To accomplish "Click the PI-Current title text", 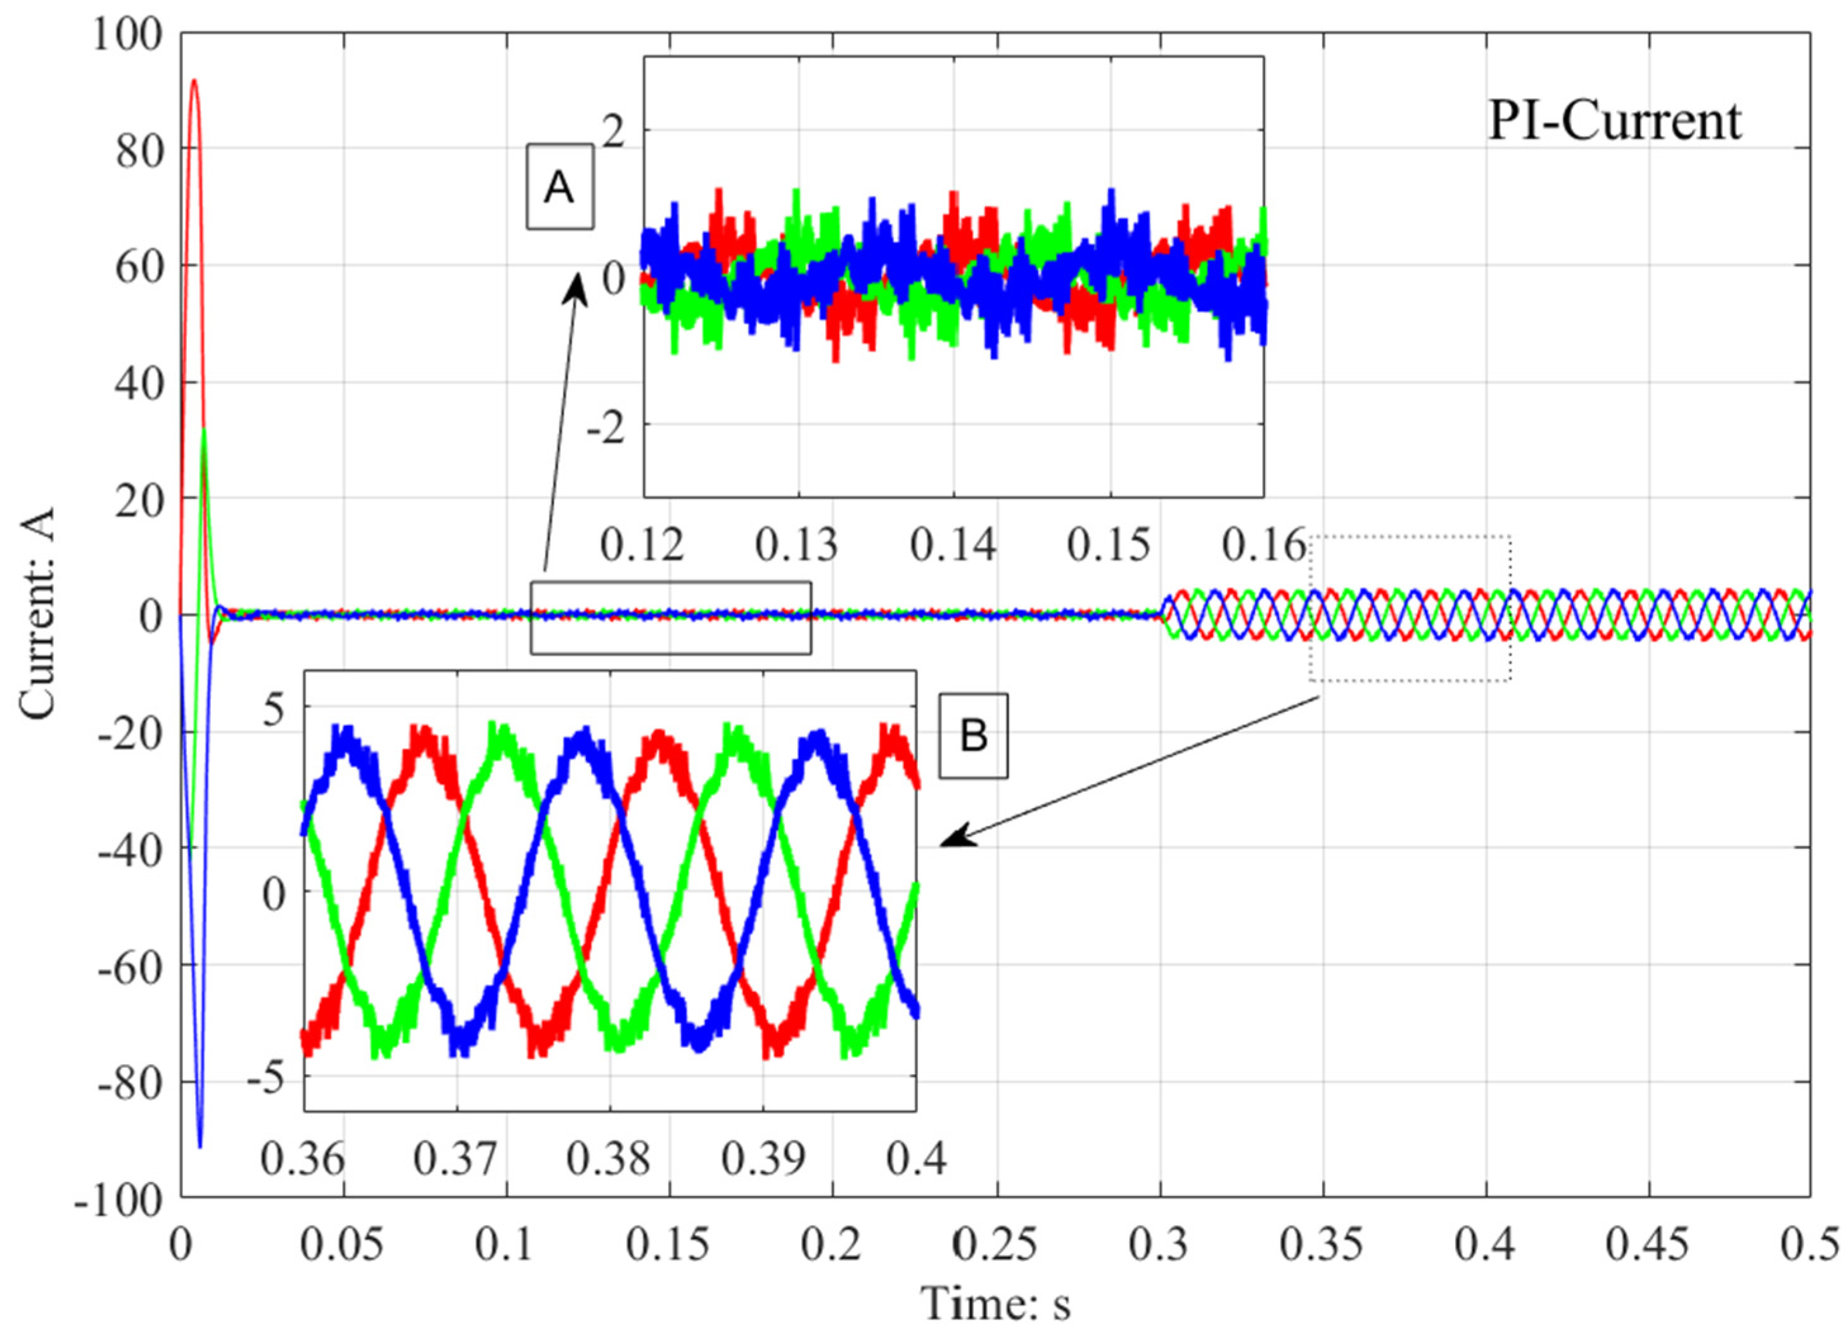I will (1614, 122).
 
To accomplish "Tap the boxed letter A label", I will (559, 187).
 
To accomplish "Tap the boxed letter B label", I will (973, 735).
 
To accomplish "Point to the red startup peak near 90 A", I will (194, 80).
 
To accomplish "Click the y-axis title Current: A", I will (37, 614).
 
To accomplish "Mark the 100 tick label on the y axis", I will (126, 36).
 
